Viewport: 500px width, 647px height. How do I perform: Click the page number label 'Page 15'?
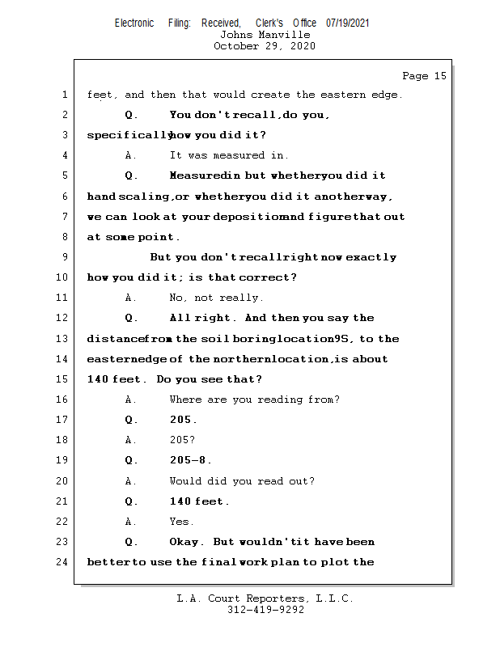coord(424,76)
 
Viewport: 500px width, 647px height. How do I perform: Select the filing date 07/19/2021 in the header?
coord(347,23)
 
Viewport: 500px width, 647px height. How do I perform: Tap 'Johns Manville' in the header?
coord(265,35)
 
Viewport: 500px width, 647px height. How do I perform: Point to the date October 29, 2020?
coord(265,46)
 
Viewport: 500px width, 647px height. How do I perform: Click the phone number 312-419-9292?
coord(265,610)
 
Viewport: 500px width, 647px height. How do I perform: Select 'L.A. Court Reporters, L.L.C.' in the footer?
coord(265,598)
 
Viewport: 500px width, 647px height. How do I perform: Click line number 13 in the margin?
coord(61,339)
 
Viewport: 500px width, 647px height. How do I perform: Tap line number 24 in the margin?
coord(61,562)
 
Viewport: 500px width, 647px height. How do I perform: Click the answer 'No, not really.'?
coord(216,298)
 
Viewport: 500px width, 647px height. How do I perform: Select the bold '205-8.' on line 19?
coord(190,460)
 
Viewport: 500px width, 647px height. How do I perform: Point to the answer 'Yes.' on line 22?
coord(181,522)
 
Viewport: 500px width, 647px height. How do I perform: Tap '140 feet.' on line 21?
coord(199,501)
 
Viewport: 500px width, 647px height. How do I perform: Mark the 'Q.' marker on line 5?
coord(131,175)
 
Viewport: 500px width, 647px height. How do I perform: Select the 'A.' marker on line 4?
coord(130,155)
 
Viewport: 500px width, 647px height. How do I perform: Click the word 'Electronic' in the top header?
coord(134,23)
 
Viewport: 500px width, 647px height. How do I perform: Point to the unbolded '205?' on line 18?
coord(182,440)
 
